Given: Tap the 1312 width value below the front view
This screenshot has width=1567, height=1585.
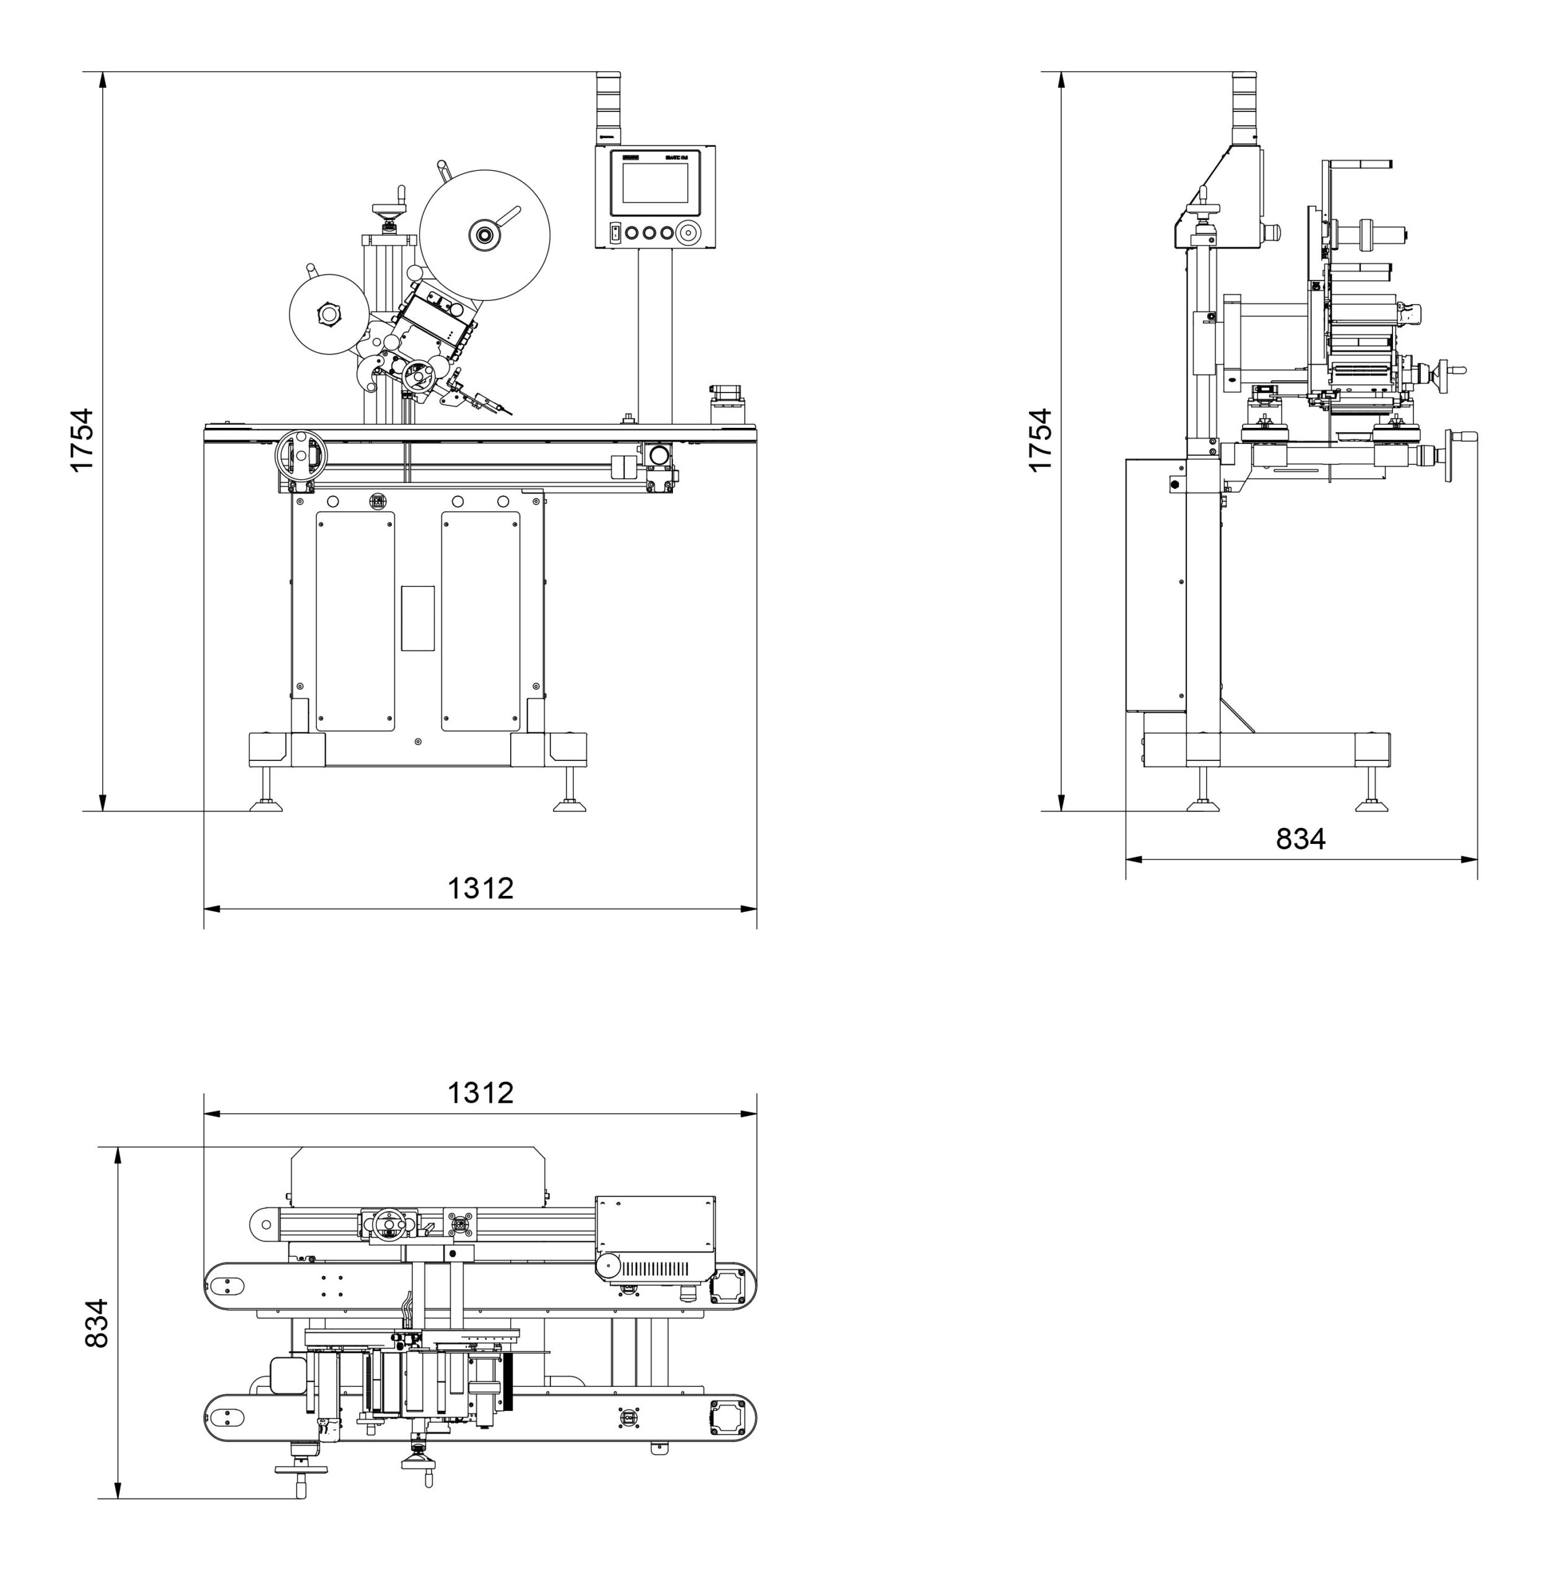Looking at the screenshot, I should (x=480, y=888).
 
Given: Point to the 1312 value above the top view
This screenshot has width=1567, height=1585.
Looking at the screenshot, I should (x=480, y=1092).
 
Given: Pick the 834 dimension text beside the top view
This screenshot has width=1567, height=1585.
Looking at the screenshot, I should (x=97, y=1322).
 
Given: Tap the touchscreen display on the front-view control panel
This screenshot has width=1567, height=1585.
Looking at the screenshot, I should (x=654, y=183).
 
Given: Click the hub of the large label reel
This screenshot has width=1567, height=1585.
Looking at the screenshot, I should (x=484, y=235).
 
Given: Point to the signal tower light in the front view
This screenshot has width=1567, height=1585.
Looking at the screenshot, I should (x=608, y=106).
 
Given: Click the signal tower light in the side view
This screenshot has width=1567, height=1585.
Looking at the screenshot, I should (x=1244, y=106).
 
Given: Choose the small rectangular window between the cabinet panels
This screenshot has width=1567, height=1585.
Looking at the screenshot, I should (x=417, y=618).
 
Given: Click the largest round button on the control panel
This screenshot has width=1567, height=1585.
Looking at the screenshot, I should (x=687, y=232).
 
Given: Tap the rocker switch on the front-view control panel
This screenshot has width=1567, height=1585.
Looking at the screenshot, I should (x=615, y=232).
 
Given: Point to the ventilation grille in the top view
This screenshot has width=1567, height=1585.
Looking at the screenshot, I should (x=653, y=1269).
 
